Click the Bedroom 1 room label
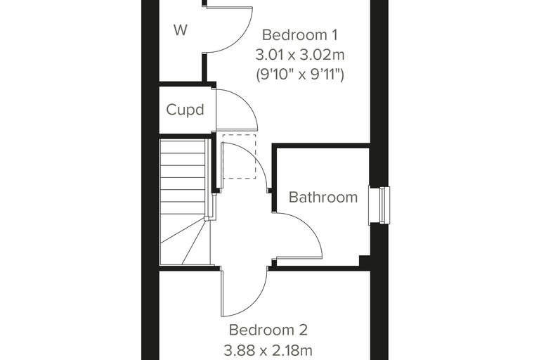click(x=300, y=34)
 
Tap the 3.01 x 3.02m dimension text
click(x=300, y=55)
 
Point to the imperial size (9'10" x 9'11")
click(x=300, y=74)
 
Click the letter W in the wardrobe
click(x=181, y=30)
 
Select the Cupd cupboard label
click(x=185, y=110)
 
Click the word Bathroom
click(x=323, y=198)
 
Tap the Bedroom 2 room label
click(x=268, y=330)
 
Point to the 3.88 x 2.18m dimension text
click(x=268, y=349)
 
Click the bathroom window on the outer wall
click(x=379, y=205)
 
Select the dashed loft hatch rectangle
click(x=239, y=157)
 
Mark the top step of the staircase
click(x=182, y=146)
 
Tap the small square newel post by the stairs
click(x=207, y=219)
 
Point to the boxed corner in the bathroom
click(x=365, y=260)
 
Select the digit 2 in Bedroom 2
click(x=303, y=330)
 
